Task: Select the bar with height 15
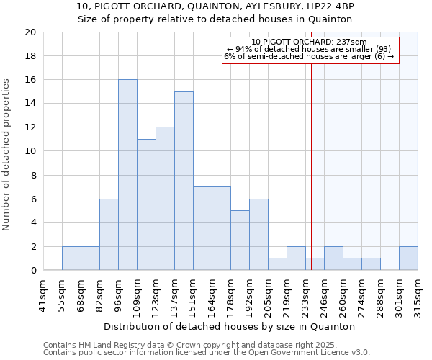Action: (x=184, y=181)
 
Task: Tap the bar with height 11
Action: (x=146, y=204)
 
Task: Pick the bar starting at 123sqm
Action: (x=165, y=199)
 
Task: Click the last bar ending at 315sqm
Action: (x=408, y=258)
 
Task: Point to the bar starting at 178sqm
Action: (x=240, y=240)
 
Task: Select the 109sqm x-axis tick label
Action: (x=138, y=295)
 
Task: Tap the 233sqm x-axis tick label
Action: (x=306, y=295)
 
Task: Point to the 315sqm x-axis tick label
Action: (x=418, y=295)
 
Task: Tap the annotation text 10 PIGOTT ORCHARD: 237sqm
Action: (x=310, y=42)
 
